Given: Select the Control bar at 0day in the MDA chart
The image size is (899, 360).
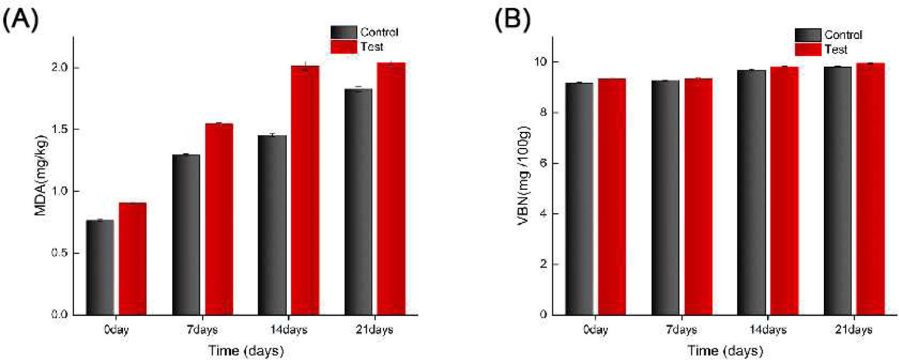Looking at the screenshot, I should [x=100, y=267].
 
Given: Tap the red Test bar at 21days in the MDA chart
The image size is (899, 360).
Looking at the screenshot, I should [x=391, y=189].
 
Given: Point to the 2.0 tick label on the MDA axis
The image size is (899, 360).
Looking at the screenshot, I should [x=59, y=67].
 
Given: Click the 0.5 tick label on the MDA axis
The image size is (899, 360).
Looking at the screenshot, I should [x=59, y=253].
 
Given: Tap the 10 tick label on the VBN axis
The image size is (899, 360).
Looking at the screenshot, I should [x=539, y=61].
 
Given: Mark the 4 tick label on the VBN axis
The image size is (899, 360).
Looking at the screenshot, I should [x=543, y=214].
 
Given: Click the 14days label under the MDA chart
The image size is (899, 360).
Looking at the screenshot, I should [x=288, y=329].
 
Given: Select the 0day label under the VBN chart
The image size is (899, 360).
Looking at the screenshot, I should [x=596, y=329].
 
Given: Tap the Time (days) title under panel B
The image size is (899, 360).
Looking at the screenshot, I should [x=725, y=351].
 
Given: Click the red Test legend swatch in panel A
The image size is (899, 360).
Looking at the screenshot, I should [x=343, y=47].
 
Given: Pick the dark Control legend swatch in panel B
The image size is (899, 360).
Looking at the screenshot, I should [x=808, y=35].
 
